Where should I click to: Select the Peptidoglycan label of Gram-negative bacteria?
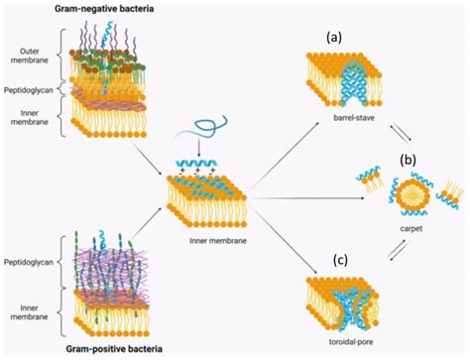pyautogui.click(x=26, y=89)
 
